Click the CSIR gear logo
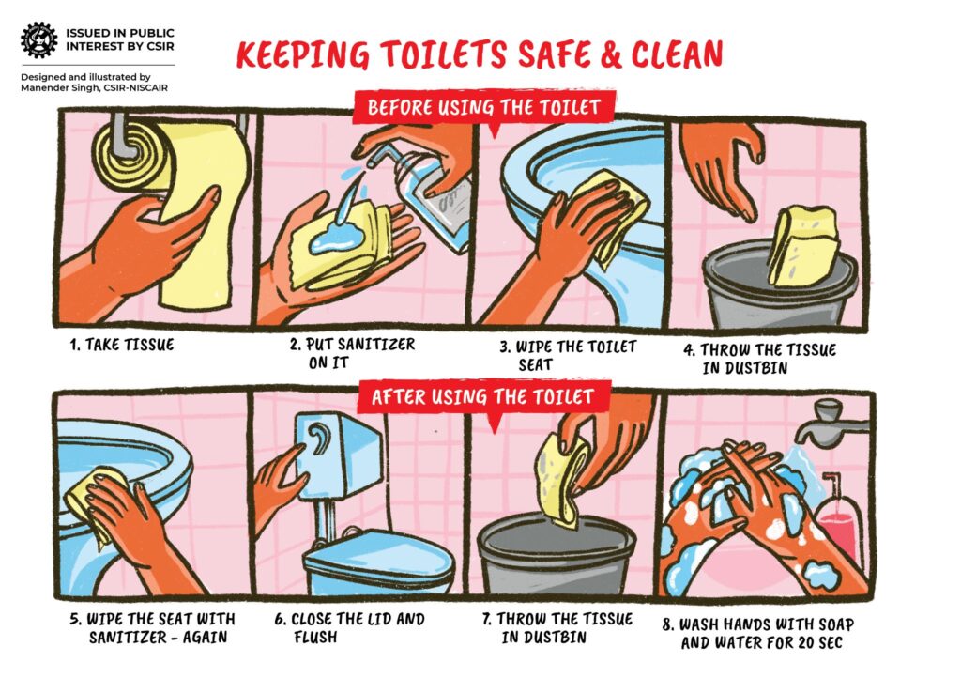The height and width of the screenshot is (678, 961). tap(38, 39)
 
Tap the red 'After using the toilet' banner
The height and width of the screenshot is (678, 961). tap(482, 397)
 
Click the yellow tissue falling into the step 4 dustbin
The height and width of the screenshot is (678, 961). tap(802, 244)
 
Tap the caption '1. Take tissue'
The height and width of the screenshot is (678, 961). tap(122, 345)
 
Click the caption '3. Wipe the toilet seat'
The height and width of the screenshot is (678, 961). tap(567, 355)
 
